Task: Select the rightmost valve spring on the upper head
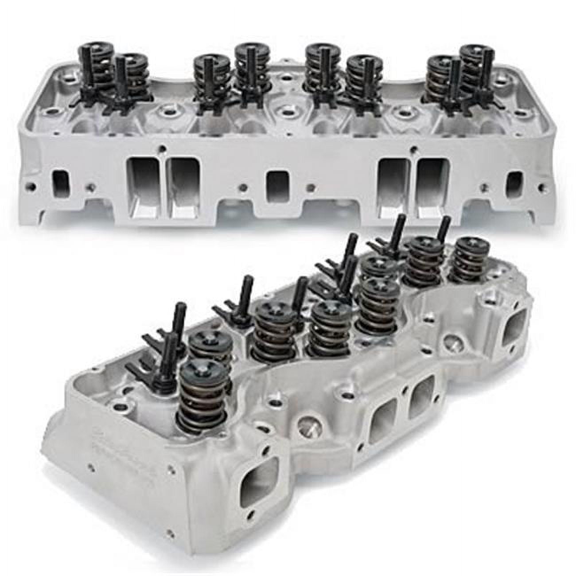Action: point(476,66)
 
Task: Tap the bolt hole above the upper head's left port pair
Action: point(163,148)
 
